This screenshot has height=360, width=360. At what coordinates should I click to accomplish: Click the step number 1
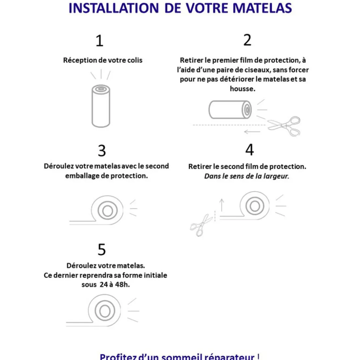click(x=99, y=41)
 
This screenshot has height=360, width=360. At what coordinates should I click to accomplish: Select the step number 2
click(x=247, y=40)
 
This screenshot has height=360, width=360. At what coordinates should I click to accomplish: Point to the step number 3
click(x=102, y=151)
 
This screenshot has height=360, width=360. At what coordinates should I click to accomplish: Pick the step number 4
click(x=249, y=150)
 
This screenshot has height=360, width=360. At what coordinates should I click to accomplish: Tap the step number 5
click(x=101, y=249)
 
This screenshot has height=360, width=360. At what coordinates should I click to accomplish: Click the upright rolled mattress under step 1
click(x=101, y=106)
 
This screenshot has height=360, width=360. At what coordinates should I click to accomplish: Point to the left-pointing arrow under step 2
click(x=252, y=132)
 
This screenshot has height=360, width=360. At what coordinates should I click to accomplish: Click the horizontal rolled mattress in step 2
click(x=230, y=110)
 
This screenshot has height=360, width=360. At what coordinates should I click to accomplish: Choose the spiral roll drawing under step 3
click(x=107, y=210)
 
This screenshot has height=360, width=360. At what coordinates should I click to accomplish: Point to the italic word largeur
click(x=276, y=176)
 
